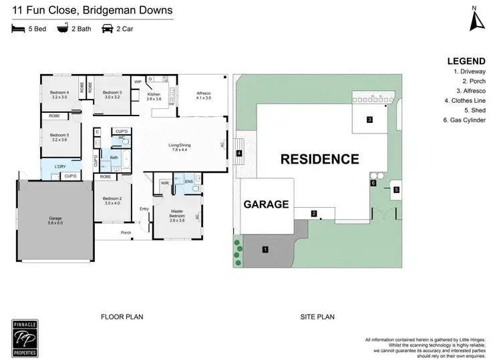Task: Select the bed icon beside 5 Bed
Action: (x=18, y=29)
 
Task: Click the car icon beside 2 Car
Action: (x=107, y=29)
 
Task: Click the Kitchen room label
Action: (x=154, y=96)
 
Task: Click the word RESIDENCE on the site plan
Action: (x=319, y=160)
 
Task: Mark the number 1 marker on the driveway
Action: (x=265, y=250)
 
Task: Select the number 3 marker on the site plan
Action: (x=369, y=120)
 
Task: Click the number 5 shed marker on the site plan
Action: (x=396, y=190)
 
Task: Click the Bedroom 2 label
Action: (x=112, y=201)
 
